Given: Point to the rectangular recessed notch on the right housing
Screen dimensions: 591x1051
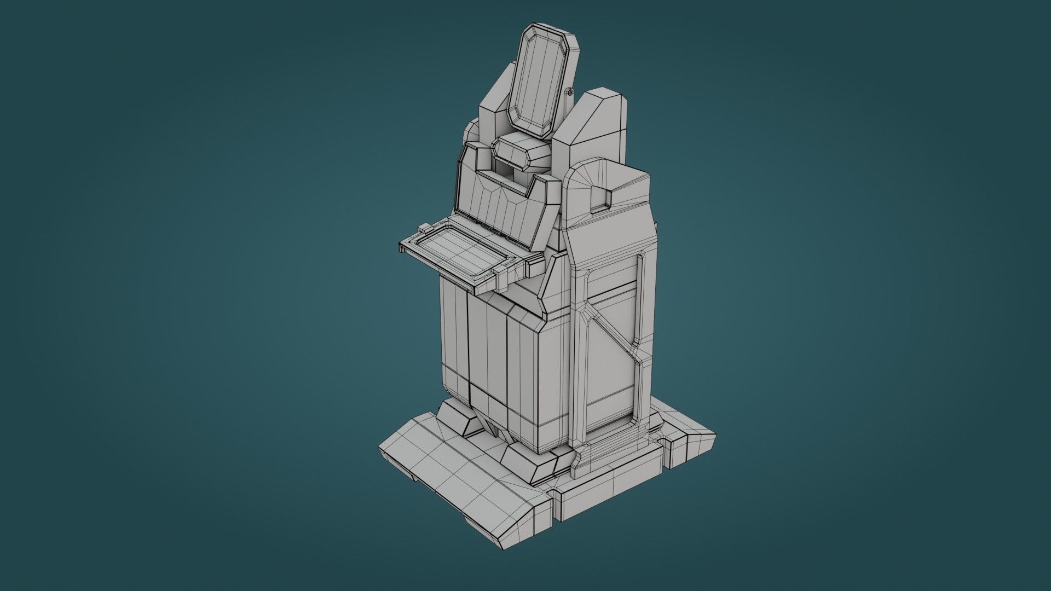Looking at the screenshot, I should tap(600, 198).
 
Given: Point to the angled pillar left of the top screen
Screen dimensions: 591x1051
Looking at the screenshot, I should tap(495, 109).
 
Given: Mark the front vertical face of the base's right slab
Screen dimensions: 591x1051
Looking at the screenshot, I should tap(608, 501).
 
